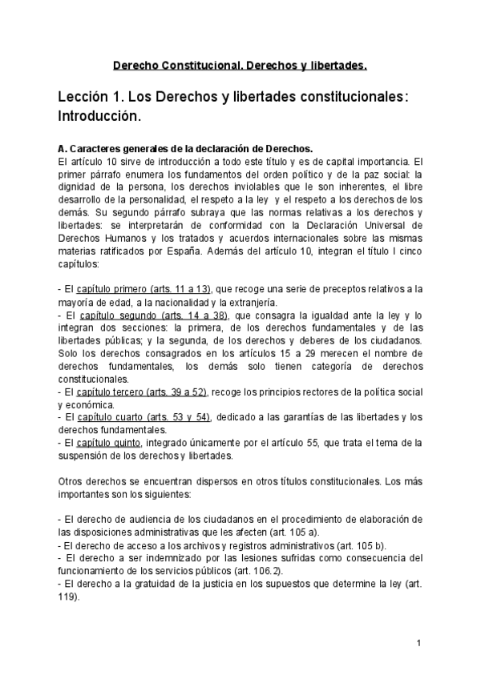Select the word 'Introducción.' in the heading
click(x=99, y=117)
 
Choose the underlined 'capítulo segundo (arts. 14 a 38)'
click(x=154, y=315)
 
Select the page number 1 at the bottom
click(x=419, y=644)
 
